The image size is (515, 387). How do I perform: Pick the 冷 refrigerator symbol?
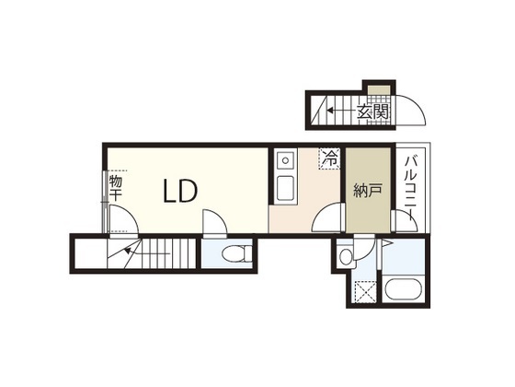click(x=329, y=158)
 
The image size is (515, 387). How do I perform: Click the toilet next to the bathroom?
click(x=345, y=255)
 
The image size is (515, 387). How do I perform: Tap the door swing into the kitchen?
click(x=324, y=221)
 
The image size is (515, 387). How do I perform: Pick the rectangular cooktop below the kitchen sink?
click(x=285, y=190)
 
